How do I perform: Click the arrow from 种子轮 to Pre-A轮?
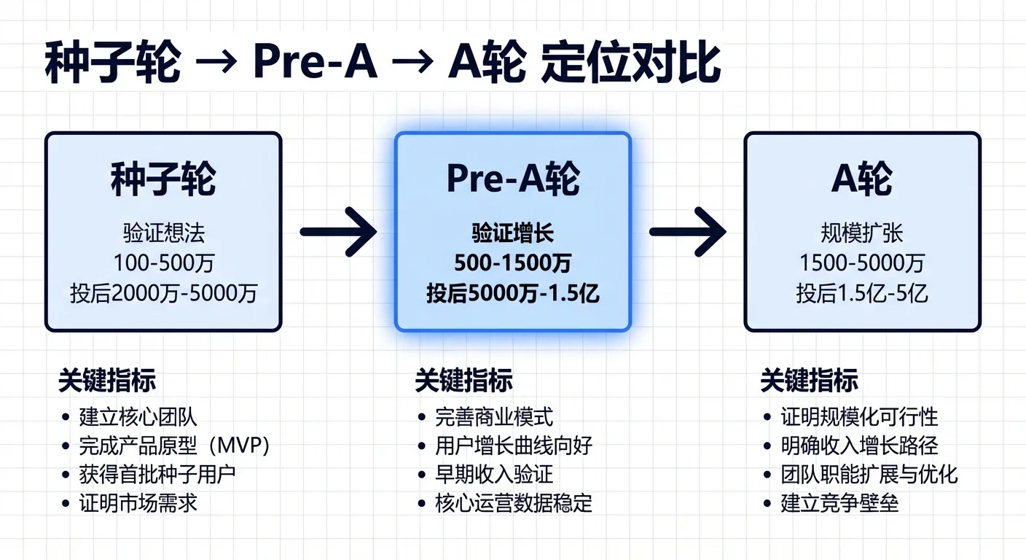pos(338,232)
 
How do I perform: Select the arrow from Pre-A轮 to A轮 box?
pos(687,232)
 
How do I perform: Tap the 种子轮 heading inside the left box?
pos(163,179)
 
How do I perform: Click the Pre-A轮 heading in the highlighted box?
pos(512,179)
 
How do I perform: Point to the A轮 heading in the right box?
pos(862,179)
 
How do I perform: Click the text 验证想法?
pos(163,233)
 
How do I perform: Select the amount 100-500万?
pos(163,263)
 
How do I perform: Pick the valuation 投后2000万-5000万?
pos(163,293)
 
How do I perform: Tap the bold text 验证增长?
pos(512,233)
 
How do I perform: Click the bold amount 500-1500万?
pos(512,263)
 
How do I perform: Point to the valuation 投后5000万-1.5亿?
pos(512,293)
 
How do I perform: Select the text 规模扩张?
pos(862,233)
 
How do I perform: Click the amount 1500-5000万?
pos(862,263)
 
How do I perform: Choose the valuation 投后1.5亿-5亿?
pos(862,293)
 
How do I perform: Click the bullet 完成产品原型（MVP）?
pos(174,446)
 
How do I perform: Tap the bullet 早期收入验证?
pos(494,474)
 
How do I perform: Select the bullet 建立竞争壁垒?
pos(839,502)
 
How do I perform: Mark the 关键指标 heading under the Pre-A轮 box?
pos(463,381)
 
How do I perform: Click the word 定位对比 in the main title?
pos(631,64)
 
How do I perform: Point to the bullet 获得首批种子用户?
pos(157,474)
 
